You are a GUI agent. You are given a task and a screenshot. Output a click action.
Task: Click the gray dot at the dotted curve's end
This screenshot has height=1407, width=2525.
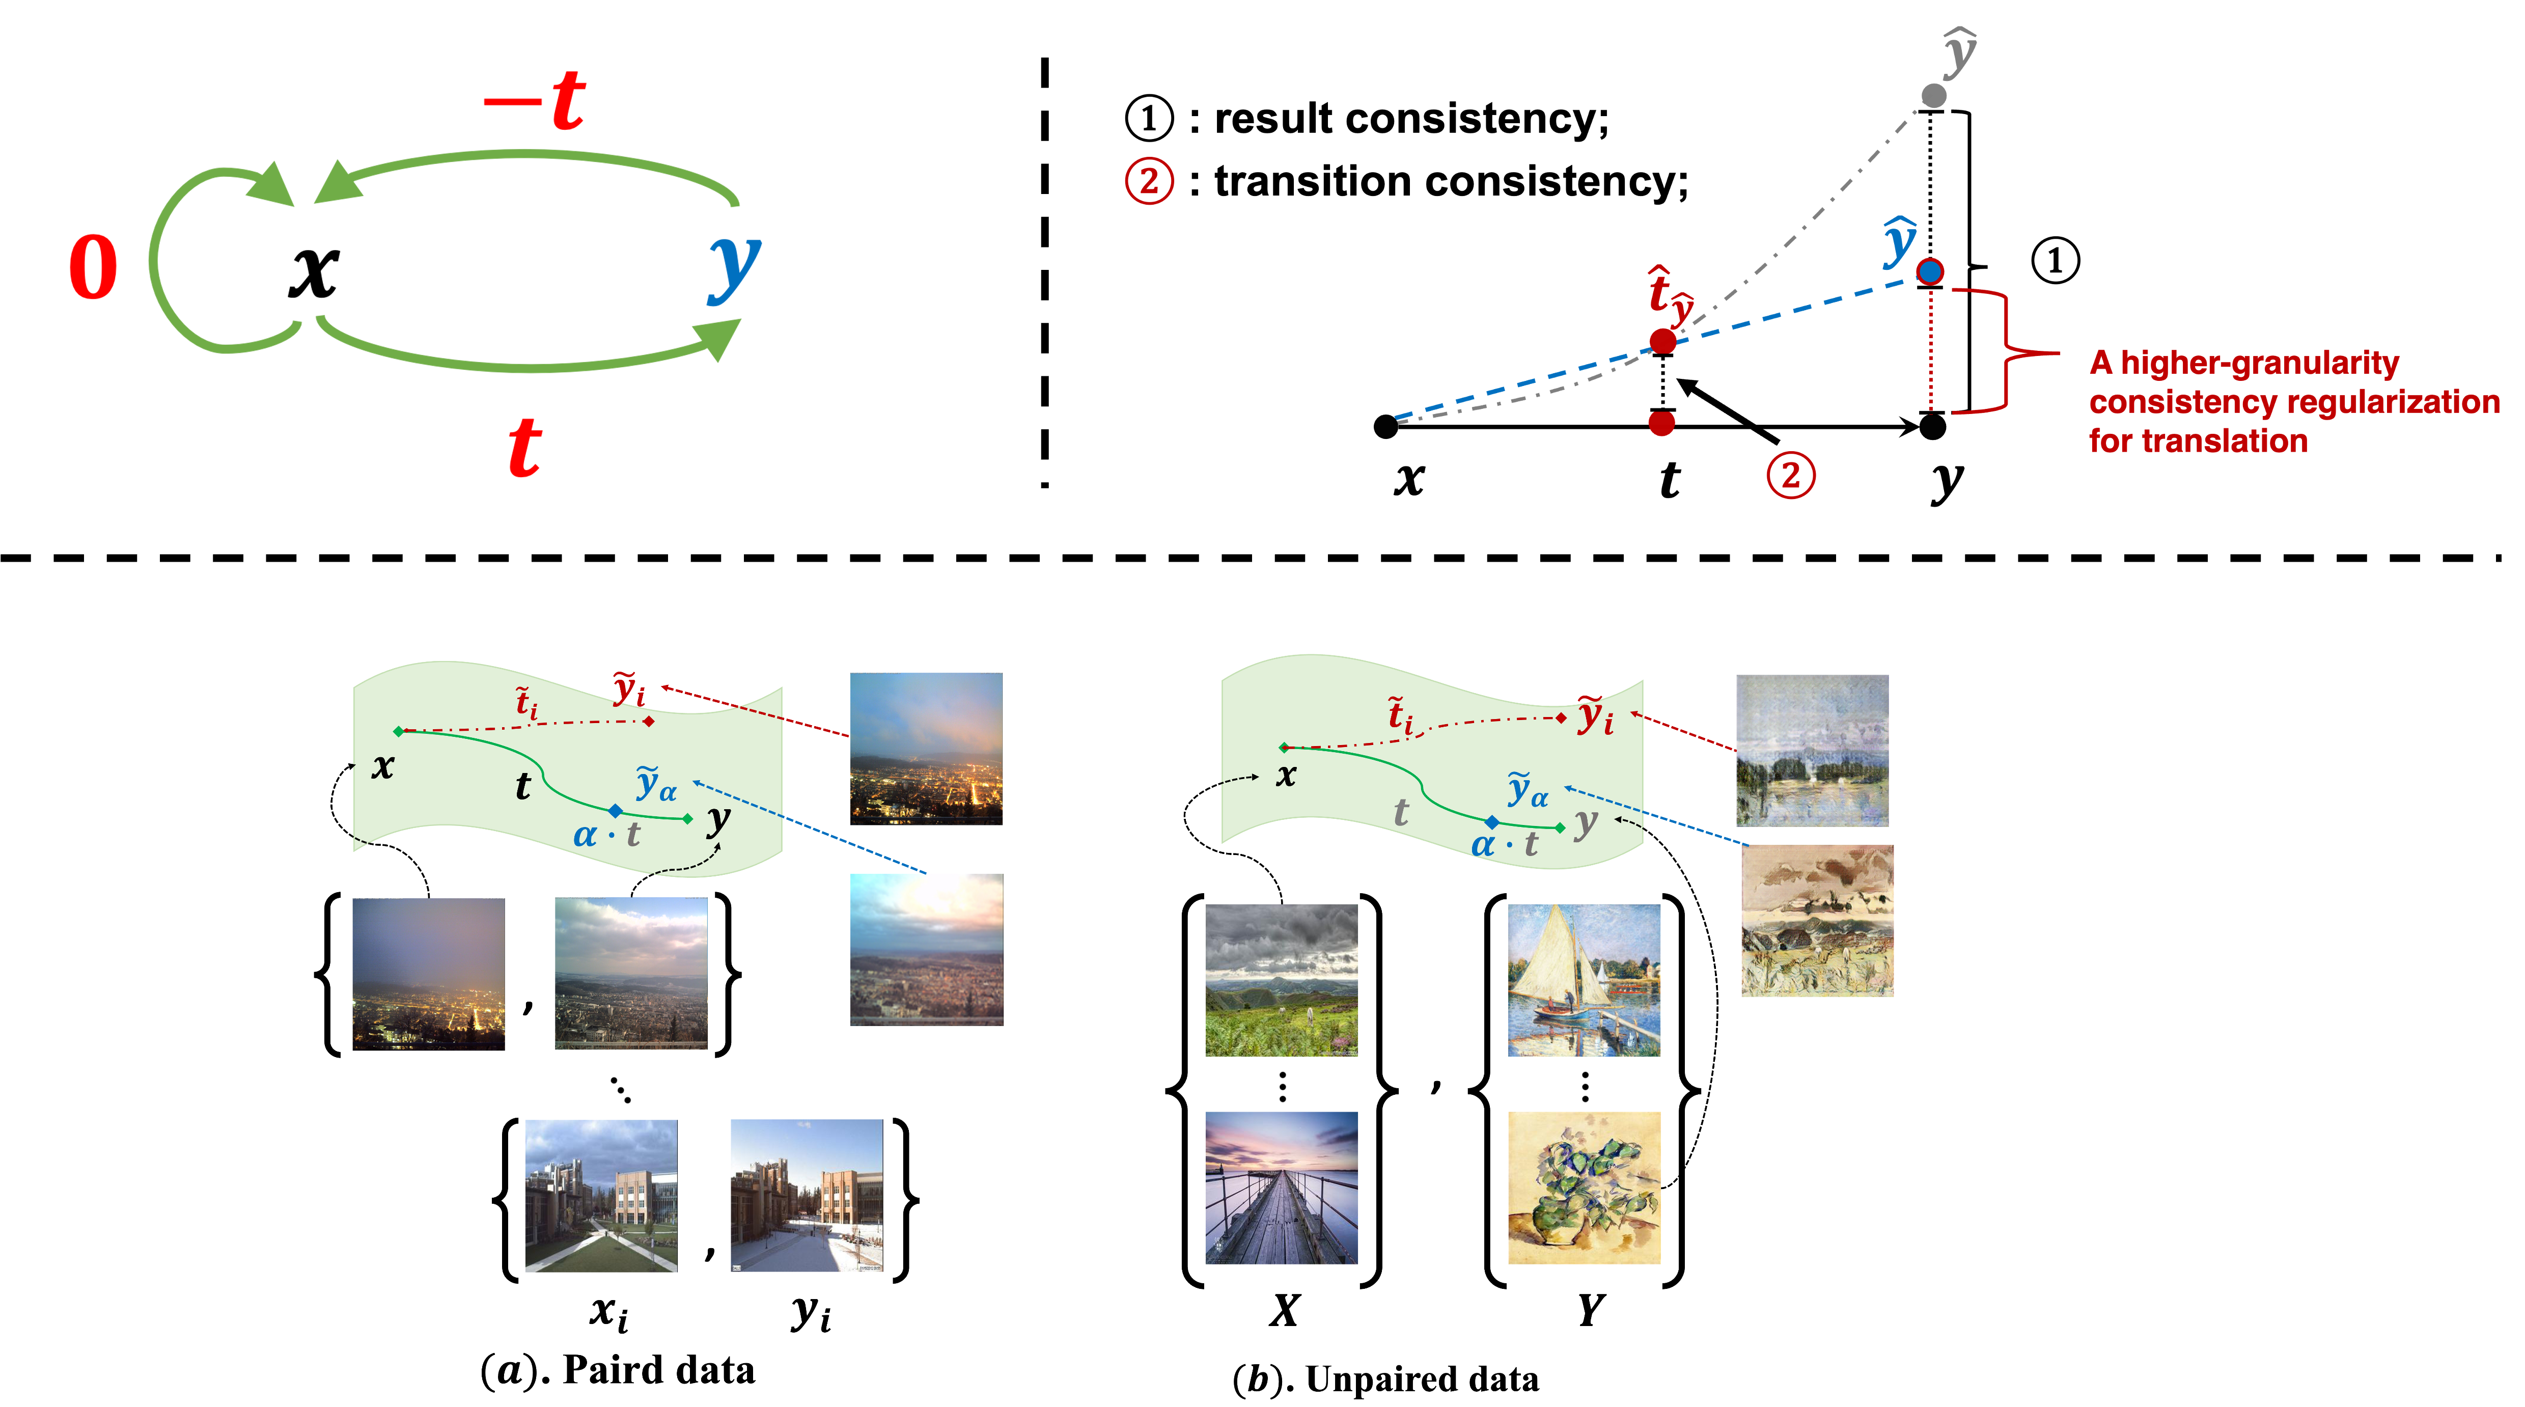(x=1933, y=95)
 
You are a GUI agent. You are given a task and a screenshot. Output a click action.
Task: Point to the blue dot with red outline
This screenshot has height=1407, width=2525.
(x=1929, y=271)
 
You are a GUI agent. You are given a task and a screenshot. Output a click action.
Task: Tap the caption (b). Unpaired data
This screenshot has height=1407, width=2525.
(x=1385, y=1378)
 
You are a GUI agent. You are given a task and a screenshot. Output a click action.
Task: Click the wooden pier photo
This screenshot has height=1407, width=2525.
(x=1281, y=1188)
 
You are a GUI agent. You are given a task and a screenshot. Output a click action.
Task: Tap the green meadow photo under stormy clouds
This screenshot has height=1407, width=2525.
(x=1281, y=980)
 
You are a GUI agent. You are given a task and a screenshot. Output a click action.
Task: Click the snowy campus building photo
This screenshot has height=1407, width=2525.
(x=807, y=1195)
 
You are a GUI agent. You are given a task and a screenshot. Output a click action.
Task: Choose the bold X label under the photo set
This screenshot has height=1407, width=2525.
(x=1284, y=1310)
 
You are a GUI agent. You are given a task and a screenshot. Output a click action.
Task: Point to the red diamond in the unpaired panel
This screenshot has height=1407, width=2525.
(x=1562, y=718)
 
